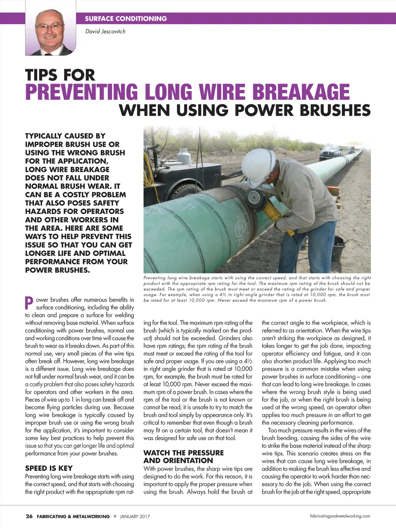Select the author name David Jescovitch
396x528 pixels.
[x=105, y=31]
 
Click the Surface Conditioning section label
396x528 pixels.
[x=126, y=19]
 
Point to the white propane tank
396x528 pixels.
[x=183, y=159]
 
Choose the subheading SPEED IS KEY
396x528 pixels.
[x=49, y=468]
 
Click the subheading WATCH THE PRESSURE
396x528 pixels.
[x=184, y=453]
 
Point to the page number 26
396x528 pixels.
[x=29, y=516]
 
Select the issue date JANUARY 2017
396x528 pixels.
[x=135, y=516]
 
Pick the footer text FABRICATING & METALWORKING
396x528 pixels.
[x=73, y=516]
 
